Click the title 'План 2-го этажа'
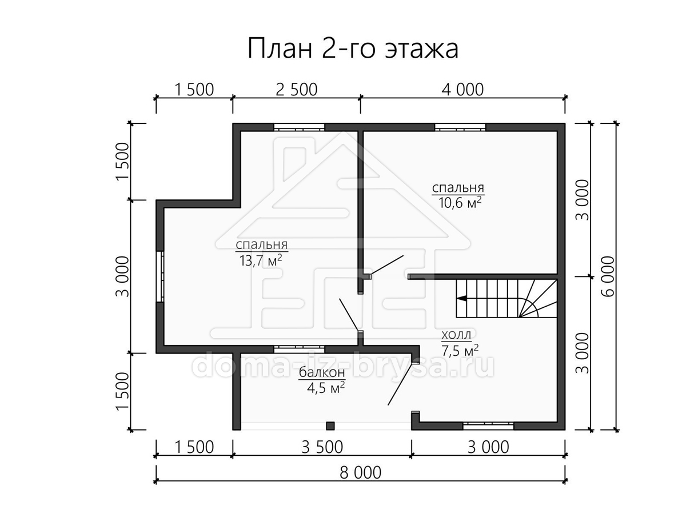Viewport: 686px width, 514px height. [x=353, y=49]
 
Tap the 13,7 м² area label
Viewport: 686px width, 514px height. [x=261, y=260]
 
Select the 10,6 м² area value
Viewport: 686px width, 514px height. [x=460, y=203]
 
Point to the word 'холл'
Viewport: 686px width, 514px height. [x=456, y=335]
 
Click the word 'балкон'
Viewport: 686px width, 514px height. [x=322, y=372]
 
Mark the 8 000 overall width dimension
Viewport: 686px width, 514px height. [x=360, y=472]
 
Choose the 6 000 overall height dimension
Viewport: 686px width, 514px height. [x=608, y=276]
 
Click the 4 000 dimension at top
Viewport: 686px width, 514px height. [x=462, y=90]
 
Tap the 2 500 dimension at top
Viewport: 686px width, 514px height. [x=297, y=90]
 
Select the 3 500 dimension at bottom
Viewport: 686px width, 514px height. [x=322, y=447]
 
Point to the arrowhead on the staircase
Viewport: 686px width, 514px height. [x=461, y=298]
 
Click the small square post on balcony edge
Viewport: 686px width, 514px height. [x=330, y=425]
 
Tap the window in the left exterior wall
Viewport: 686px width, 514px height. [x=159, y=276]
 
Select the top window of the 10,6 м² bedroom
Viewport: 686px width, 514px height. [x=460, y=127]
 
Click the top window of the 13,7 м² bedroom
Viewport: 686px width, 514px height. [x=299, y=127]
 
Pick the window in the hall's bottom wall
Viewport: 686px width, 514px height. [x=488, y=425]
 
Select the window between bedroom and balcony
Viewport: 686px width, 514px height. [x=299, y=349]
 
